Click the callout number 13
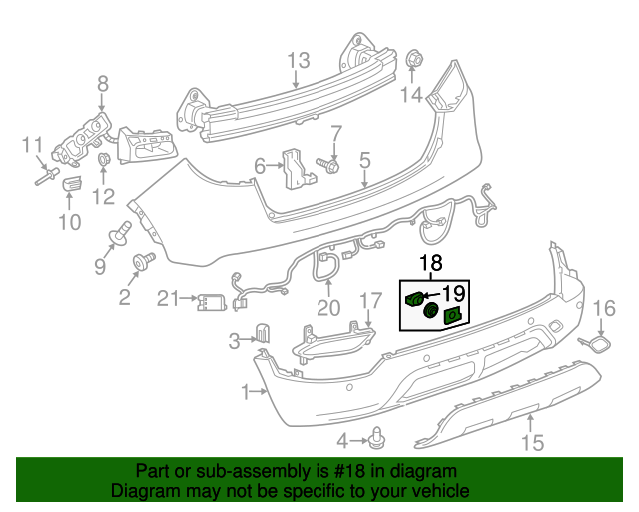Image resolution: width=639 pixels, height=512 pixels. point(300,61)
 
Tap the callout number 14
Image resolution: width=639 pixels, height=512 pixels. point(412,95)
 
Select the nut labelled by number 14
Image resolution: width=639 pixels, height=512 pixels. point(413,60)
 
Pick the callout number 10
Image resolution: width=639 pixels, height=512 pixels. point(69,221)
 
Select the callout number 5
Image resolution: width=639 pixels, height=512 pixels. point(364,159)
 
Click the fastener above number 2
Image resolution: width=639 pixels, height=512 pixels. point(142,262)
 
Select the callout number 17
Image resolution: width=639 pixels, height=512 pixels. point(370,300)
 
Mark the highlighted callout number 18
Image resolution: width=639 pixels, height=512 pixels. point(430,264)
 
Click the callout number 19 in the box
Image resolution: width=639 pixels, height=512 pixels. point(454,293)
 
